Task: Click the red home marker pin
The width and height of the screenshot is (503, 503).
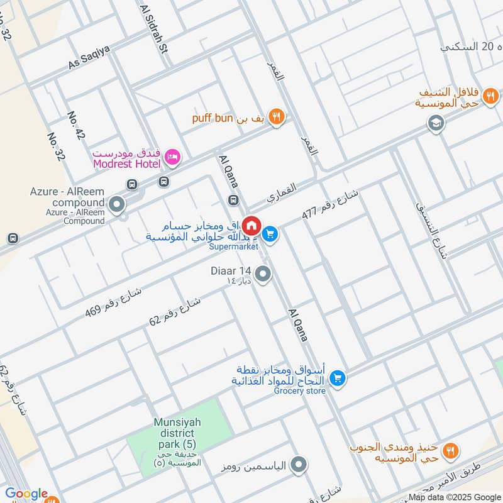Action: click(251, 225)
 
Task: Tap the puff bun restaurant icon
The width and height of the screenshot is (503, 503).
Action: click(276, 117)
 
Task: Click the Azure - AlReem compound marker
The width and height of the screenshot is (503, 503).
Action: click(116, 204)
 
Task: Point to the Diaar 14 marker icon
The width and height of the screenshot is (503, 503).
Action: click(263, 274)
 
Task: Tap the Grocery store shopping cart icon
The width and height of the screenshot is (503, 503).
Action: click(338, 378)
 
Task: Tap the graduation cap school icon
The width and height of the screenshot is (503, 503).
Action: click(435, 124)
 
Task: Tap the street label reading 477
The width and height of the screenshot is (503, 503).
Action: click(329, 203)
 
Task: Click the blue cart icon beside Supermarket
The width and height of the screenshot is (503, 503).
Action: click(270, 234)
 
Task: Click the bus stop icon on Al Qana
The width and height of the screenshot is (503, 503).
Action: click(233, 201)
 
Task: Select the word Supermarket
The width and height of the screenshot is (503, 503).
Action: click(234, 247)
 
